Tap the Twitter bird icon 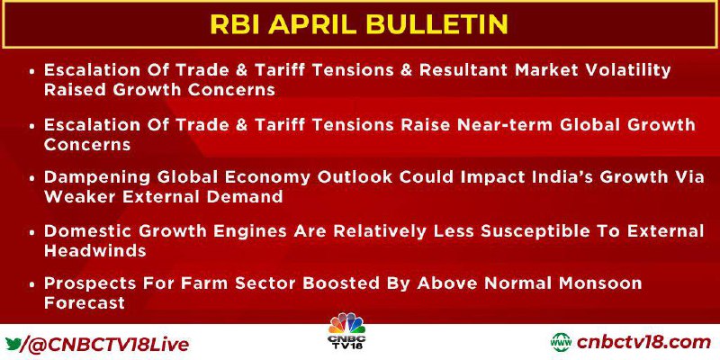[x=13, y=344]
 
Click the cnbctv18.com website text [x=643, y=343]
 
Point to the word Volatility [x=625, y=71]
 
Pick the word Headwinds [x=95, y=250]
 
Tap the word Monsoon [x=596, y=283]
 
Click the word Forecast [x=85, y=302]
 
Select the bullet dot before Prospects [x=32, y=284]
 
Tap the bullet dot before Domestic [x=32, y=232]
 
